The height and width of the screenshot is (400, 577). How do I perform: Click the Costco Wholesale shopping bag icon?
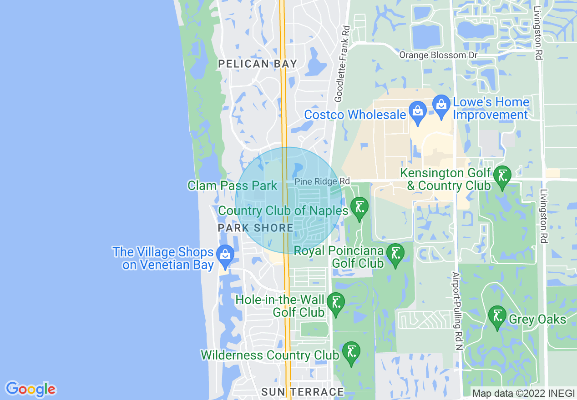coord(417,110)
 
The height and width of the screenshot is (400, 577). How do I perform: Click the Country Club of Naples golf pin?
coord(359,207)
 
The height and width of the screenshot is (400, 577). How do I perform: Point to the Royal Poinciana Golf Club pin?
coord(395,253)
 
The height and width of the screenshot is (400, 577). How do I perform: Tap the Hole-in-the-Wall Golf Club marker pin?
coord(336,302)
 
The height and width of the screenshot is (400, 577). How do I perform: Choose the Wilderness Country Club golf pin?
coord(351,351)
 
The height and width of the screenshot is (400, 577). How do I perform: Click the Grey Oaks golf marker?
coord(497,316)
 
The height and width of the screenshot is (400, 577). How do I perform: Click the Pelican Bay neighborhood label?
coord(258,64)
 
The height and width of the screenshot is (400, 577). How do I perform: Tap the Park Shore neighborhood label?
coord(255,228)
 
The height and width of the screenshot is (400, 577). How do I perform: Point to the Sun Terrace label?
coord(303,392)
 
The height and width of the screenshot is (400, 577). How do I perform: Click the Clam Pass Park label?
coord(233,185)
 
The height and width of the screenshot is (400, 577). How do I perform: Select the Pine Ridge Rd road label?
coord(316,181)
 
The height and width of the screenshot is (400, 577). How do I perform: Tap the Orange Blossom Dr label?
coord(438,55)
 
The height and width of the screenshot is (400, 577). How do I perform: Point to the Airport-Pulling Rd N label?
coord(456,311)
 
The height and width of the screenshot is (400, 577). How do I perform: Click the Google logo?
coord(31,389)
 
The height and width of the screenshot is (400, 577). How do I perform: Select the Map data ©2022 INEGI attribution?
coord(523,394)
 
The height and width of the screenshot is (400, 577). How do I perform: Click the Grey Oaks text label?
coord(537,319)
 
